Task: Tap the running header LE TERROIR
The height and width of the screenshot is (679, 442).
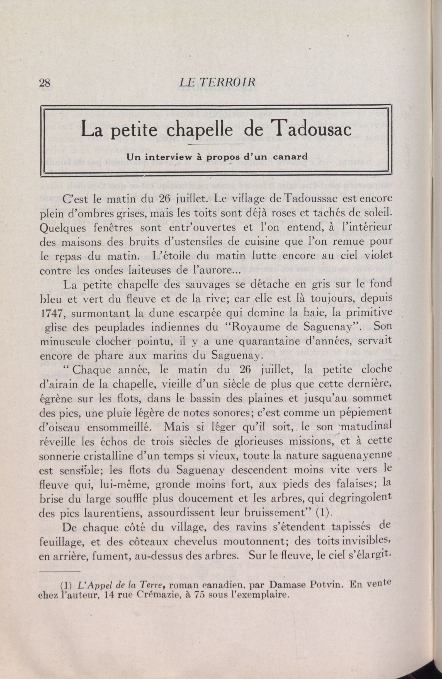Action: pos(217,83)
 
